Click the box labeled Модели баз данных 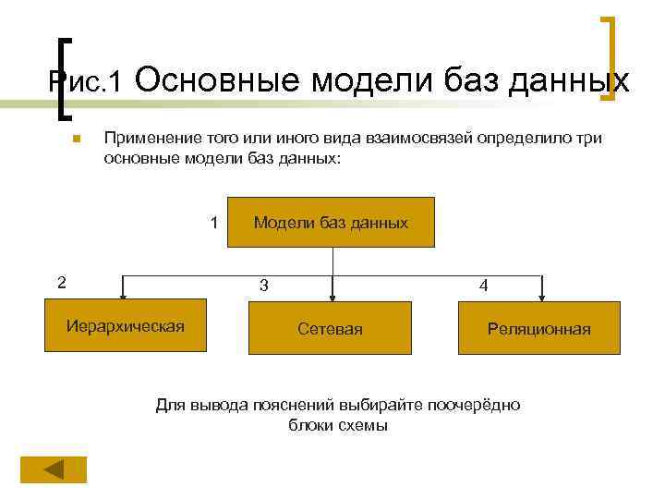pos(331,223)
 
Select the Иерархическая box pos(126,325)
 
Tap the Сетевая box pos(330,328)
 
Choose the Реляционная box pos(539,328)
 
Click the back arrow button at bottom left pos(54,469)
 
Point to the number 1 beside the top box pos(214,223)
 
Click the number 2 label pos(61,282)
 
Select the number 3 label pos(264,286)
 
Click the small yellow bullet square pos(77,140)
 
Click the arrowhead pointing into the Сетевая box pos(332,298)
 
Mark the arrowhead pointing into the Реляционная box pos(543,298)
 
